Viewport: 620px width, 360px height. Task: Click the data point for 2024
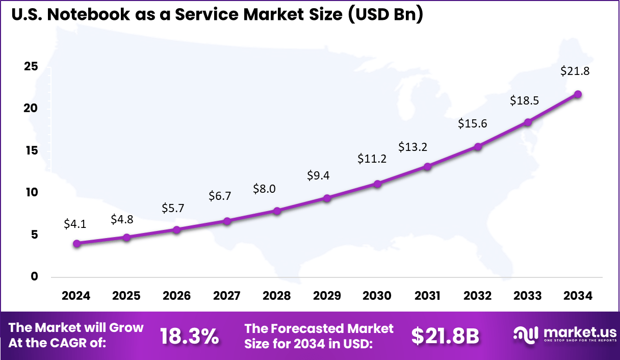pos(76,244)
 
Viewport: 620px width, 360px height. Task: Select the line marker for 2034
pos(578,94)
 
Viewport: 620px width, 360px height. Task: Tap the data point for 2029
pos(327,198)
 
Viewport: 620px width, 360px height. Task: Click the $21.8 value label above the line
pos(575,71)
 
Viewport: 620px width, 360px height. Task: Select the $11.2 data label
pos(372,159)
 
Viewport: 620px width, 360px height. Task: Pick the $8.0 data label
pos(264,189)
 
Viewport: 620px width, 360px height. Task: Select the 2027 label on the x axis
pos(227,296)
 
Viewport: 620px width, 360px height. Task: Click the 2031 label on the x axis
pos(427,296)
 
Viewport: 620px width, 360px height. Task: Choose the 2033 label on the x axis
pos(528,296)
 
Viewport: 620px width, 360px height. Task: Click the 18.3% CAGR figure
pos(190,336)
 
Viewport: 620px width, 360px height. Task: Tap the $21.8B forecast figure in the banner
pos(445,336)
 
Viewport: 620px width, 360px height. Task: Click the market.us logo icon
pos(526,335)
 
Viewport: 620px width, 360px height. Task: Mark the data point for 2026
pos(177,230)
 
